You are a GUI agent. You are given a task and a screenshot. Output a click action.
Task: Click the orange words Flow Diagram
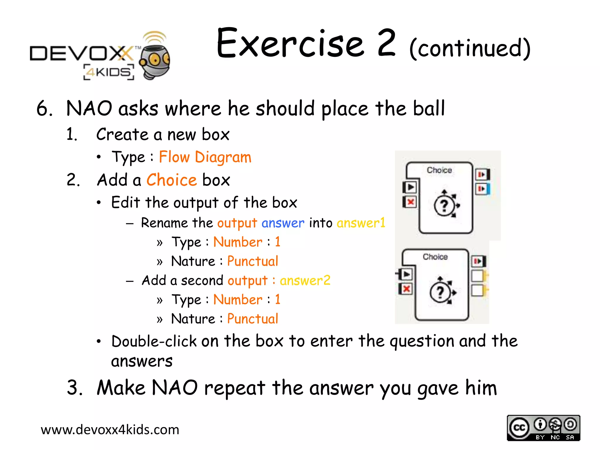(x=205, y=157)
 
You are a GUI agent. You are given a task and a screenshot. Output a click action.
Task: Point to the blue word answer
(x=283, y=223)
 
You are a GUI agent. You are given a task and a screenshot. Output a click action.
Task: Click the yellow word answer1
(x=361, y=223)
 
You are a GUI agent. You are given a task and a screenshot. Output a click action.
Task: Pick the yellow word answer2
(x=305, y=280)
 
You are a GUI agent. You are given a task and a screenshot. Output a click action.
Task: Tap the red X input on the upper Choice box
(x=410, y=202)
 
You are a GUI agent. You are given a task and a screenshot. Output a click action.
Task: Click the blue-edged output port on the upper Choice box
(x=482, y=189)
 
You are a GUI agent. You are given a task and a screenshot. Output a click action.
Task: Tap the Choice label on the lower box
(x=435, y=257)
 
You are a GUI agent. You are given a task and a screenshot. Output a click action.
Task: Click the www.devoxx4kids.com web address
(x=110, y=430)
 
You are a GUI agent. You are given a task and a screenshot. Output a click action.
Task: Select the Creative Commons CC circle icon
(x=519, y=428)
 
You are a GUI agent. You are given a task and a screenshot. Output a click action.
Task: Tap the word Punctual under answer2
(x=253, y=319)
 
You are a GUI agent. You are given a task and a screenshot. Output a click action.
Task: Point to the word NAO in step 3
(x=175, y=388)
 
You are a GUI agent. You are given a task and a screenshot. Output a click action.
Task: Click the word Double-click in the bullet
(x=154, y=341)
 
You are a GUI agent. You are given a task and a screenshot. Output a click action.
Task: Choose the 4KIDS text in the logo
(x=109, y=72)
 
